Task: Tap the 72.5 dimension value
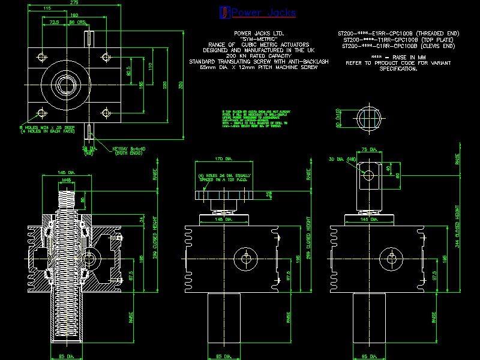click(53, 22)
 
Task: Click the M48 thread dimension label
click(66, 179)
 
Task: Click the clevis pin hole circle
click(368, 175)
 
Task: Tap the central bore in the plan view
click(66, 85)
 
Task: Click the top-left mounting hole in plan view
click(41, 57)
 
